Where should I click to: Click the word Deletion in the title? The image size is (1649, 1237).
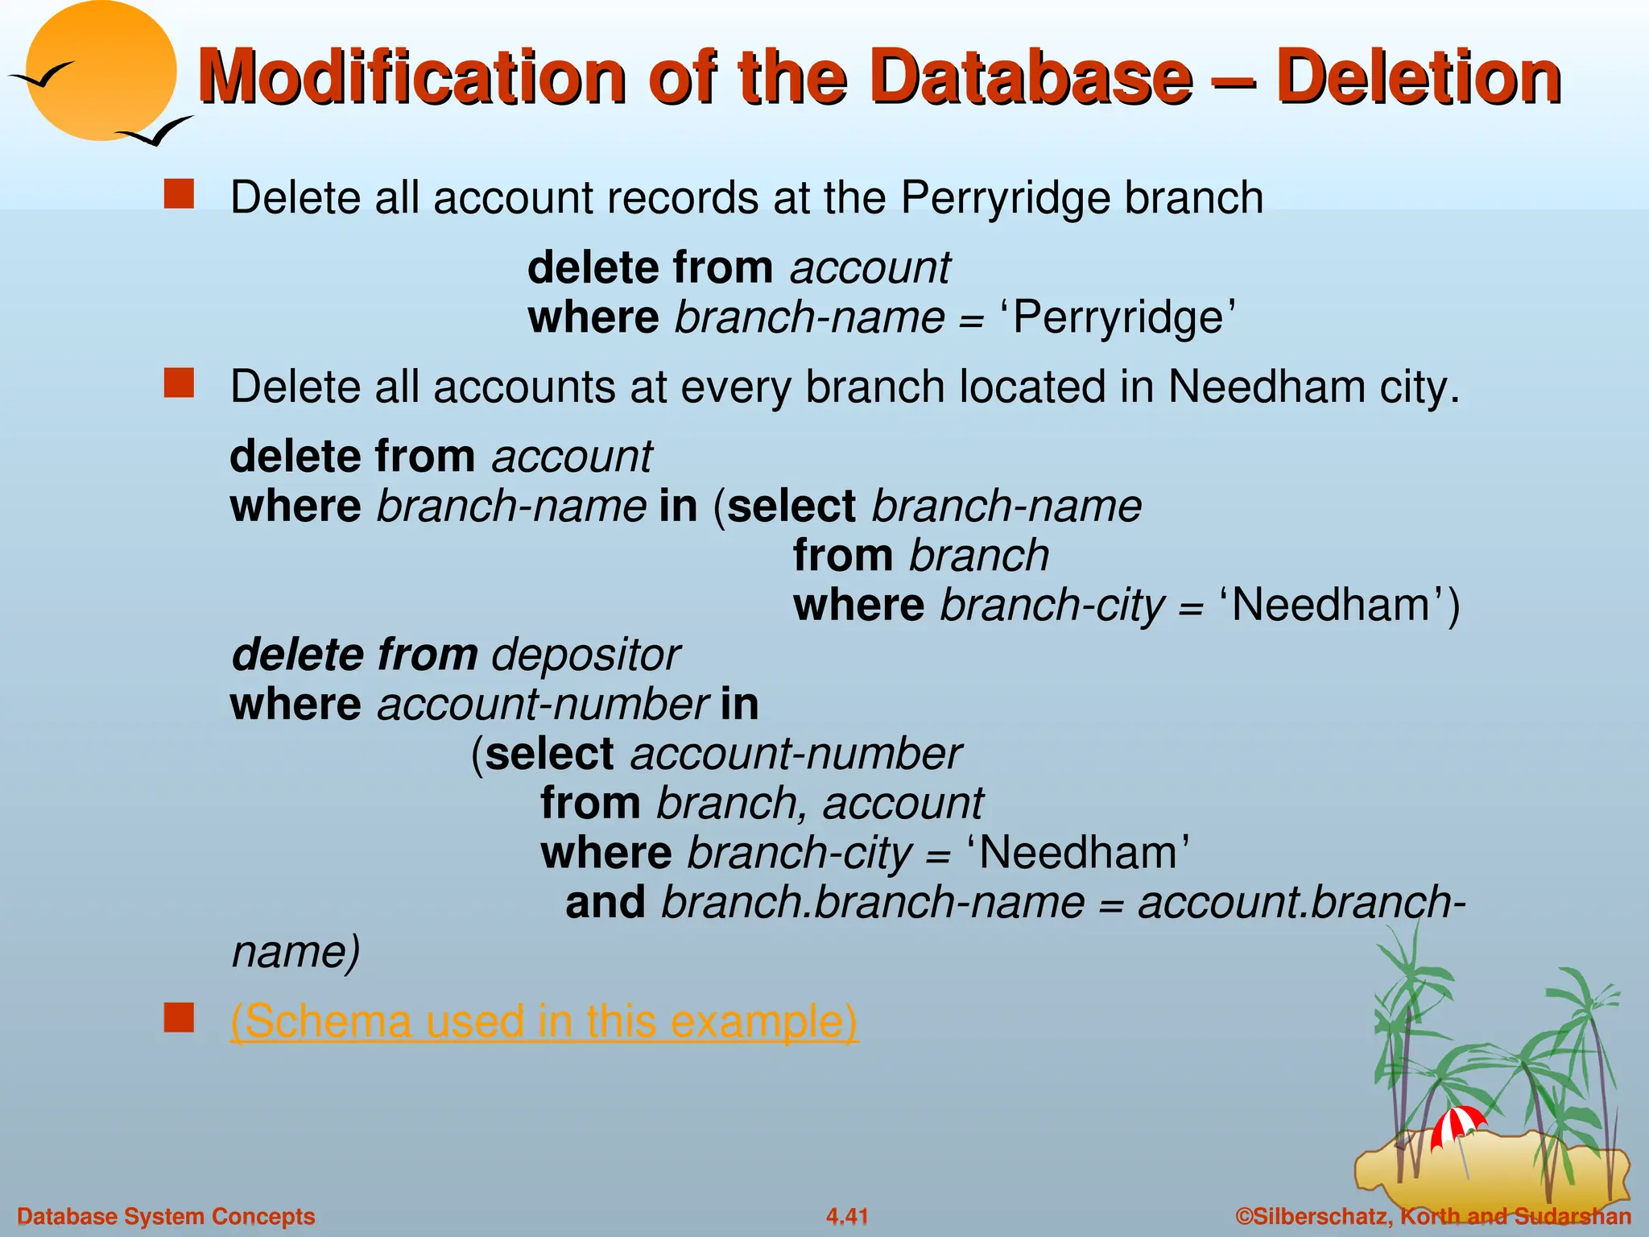tap(1419, 78)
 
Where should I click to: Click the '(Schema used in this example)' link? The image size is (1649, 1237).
tap(544, 1020)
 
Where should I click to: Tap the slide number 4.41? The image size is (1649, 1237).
tap(847, 1216)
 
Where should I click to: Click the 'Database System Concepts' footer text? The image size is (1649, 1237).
tap(166, 1216)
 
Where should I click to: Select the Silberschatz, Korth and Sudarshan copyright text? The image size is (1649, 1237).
tap(1433, 1216)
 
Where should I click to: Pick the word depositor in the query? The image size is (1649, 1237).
tap(586, 655)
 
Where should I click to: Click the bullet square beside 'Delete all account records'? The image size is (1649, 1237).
tap(179, 195)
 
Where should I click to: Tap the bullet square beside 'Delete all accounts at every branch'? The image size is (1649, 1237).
tap(179, 383)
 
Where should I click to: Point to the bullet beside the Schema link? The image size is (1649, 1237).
tap(179, 1018)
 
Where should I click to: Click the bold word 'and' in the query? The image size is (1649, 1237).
tap(605, 902)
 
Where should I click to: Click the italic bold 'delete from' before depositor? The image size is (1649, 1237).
tap(354, 655)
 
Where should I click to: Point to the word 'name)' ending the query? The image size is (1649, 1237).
tap(295, 952)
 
